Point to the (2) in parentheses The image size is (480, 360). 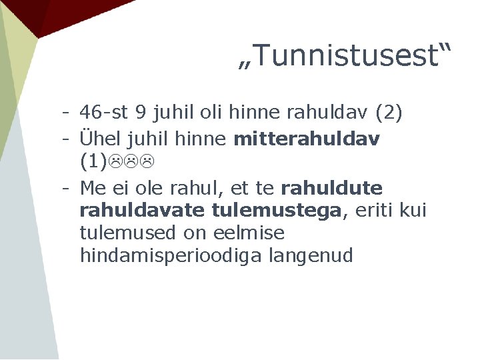coord(389,113)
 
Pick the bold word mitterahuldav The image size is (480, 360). coord(307,139)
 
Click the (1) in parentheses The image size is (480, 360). coord(93,161)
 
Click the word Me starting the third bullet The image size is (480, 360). coord(93,187)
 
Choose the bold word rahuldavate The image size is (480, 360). coord(142,211)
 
